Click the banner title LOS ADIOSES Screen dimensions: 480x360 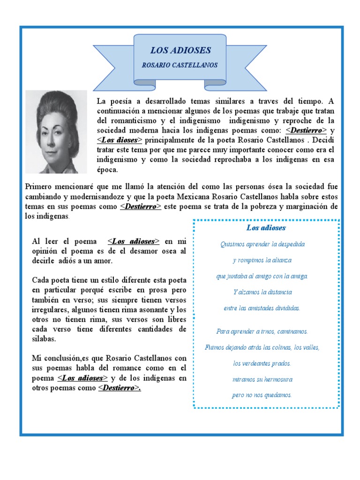[180, 51]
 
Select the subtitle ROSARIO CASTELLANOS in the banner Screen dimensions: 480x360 [180, 65]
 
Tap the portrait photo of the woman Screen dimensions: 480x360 [56, 132]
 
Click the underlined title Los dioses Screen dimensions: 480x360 [120, 140]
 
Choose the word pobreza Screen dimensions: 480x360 [270, 207]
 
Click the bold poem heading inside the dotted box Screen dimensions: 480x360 [266, 228]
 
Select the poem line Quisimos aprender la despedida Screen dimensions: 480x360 [262, 244]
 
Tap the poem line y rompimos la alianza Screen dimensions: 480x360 [262, 260]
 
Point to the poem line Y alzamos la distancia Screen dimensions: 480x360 [262, 292]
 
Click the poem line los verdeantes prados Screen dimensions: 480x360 [262, 363]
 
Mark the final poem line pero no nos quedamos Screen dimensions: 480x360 [262, 395]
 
